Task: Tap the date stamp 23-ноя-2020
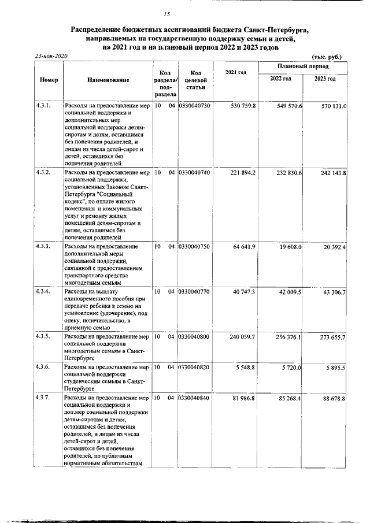pyautogui.click(x=51, y=56)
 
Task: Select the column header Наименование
pyautogui.click(x=109, y=80)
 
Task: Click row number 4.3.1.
pyautogui.click(x=43, y=106)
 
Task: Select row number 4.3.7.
pyautogui.click(x=43, y=398)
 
